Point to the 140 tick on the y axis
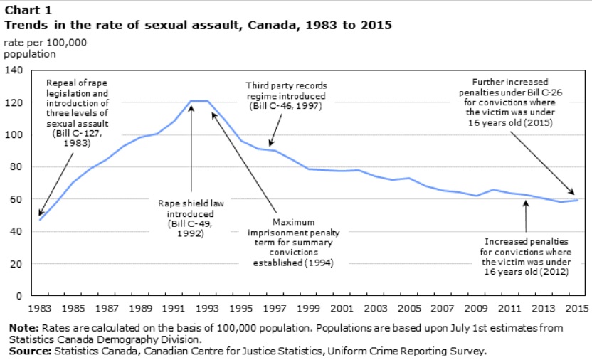pyautogui.click(x=15, y=70)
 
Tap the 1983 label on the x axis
pyautogui.click(x=40, y=309)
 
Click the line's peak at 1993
pyautogui.click(x=207, y=101)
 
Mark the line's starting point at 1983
pyautogui.click(x=40, y=219)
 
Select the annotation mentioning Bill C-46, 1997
pyautogui.click(x=286, y=95)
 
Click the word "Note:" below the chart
pyautogui.click(x=22, y=328)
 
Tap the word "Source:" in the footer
pyautogui.click(x=26, y=351)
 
